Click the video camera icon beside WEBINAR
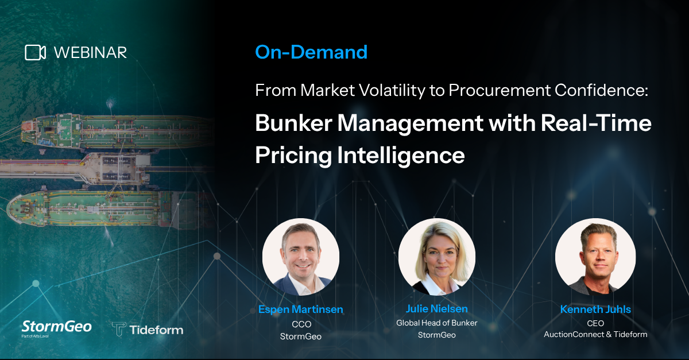pyautogui.click(x=36, y=53)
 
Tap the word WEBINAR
pyautogui.click(x=91, y=53)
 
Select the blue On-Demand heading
pyautogui.click(x=311, y=52)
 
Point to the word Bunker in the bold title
pyautogui.click(x=294, y=123)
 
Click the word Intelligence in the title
pyautogui.click(x=401, y=156)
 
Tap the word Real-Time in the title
pyautogui.click(x=596, y=123)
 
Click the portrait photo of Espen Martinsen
pyautogui.click(x=301, y=257)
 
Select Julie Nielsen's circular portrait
pyautogui.click(x=437, y=257)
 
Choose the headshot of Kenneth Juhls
pyautogui.click(x=595, y=257)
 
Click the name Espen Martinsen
pyautogui.click(x=301, y=309)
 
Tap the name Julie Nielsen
pyautogui.click(x=437, y=309)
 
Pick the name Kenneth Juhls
pyautogui.click(x=595, y=309)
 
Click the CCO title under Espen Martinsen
pyautogui.click(x=301, y=324)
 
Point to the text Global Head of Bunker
pyautogui.click(x=437, y=323)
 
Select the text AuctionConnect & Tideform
pyautogui.click(x=595, y=335)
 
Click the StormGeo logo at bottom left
pyautogui.click(x=57, y=328)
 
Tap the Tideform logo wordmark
pyautogui.click(x=148, y=330)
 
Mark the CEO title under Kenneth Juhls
pyautogui.click(x=595, y=323)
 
